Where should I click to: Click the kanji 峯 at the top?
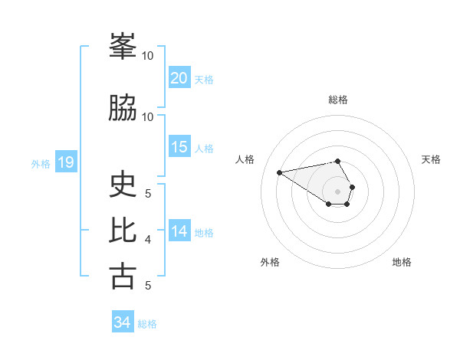(x=123, y=47)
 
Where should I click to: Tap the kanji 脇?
(x=123, y=108)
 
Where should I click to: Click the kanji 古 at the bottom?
(x=123, y=276)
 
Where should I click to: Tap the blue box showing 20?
(x=179, y=78)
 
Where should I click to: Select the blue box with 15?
(x=179, y=147)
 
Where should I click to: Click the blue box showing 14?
(x=179, y=231)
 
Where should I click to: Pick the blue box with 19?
(x=65, y=162)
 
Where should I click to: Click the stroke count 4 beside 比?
(x=148, y=240)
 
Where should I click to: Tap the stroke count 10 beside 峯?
(x=148, y=56)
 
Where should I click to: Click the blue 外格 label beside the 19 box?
(x=41, y=163)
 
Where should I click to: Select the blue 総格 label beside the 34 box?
(x=147, y=323)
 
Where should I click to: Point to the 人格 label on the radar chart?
(x=245, y=159)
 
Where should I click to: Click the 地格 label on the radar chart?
(x=402, y=262)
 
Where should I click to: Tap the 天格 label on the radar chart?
(x=431, y=159)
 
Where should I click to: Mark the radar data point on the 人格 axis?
(x=279, y=172)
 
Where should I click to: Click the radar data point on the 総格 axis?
(x=338, y=161)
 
